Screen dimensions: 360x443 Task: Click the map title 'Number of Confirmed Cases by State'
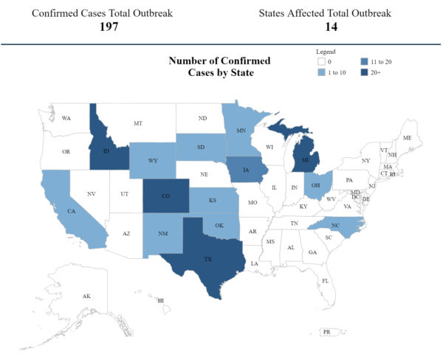tap(219, 66)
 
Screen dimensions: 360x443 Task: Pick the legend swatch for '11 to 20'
tap(365, 61)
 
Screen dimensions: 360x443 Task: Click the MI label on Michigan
tap(306, 156)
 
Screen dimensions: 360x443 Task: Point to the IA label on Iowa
tap(245, 168)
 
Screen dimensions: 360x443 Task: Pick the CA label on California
tap(72, 212)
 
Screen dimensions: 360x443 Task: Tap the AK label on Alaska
tap(86, 296)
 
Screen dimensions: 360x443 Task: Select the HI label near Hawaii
tap(160, 300)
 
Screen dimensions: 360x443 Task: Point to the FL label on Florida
tap(324, 280)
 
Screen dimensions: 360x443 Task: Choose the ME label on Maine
tap(407, 138)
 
